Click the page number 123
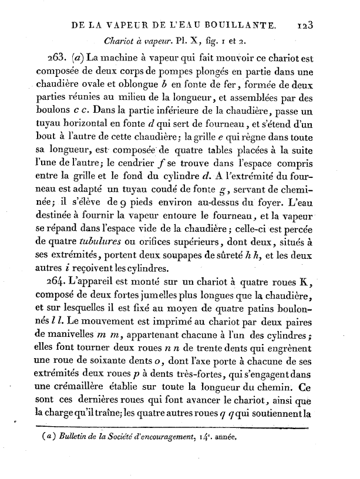pyautogui.click(x=308, y=26)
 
